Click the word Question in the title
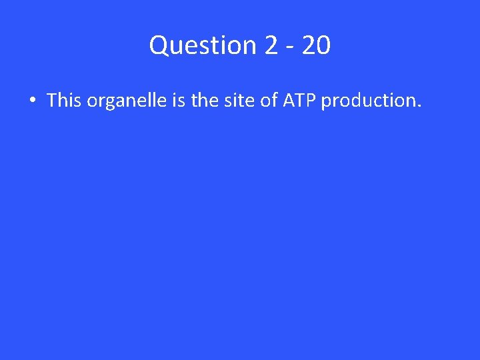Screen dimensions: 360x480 tap(203, 45)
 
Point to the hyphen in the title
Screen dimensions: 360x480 tap(292, 47)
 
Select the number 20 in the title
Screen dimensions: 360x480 tap(316, 45)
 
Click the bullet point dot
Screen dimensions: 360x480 tap(31, 101)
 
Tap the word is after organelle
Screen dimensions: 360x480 tap(179, 100)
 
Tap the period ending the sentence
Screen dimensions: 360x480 tap(419, 106)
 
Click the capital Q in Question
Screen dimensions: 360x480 tap(159, 45)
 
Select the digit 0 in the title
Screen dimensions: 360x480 tap(323, 45)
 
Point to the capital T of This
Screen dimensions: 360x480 tap(51, 100)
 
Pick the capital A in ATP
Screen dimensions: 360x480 tap(288, 100)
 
